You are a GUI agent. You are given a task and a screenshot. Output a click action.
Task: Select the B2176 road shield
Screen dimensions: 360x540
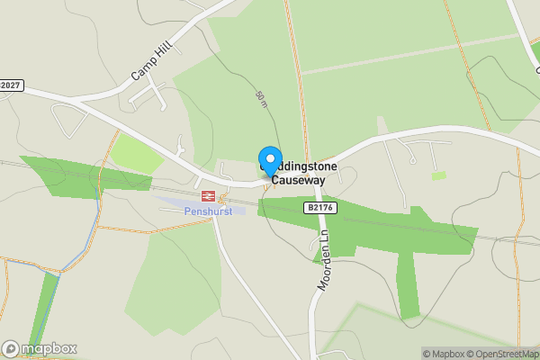tap(315, 208)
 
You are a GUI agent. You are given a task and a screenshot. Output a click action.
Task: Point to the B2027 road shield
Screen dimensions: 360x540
tap(10, 85)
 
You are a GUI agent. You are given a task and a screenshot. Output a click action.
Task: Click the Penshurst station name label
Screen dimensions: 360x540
tap(208, 211)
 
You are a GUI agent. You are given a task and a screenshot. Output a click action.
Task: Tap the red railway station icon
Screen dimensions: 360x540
tap(207, 194)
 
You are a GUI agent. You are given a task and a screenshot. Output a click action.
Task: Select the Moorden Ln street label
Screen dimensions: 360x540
tap(325, 261)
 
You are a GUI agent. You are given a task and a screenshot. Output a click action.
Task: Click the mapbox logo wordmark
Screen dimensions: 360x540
tap(49, 349)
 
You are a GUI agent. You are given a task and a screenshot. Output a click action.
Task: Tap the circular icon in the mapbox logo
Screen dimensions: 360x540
tap(11, 349)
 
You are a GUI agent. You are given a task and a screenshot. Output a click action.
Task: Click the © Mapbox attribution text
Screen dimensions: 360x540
tap(444, 354)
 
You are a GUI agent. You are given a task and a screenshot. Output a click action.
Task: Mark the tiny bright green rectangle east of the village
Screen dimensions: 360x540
tap(438, 175)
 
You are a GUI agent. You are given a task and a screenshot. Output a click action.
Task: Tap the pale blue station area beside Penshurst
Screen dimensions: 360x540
tap(175, 202)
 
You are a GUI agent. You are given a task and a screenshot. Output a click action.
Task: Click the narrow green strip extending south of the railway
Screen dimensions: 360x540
tap(409, 283)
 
